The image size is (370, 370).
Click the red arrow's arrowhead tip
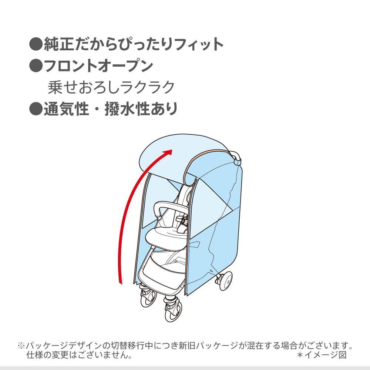172,150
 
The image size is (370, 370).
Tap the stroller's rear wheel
225,280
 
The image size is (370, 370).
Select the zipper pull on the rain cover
195,181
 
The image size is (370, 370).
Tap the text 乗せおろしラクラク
111,87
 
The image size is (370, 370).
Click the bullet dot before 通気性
36,109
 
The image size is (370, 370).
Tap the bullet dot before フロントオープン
36,66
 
